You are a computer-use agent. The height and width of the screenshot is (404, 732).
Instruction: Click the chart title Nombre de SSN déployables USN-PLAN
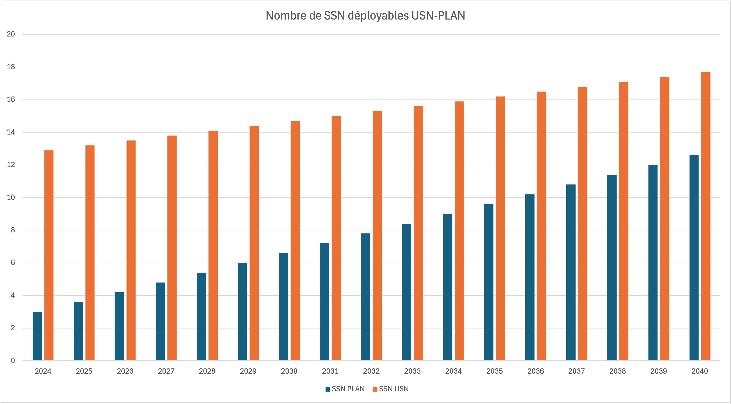(x=365, y=16)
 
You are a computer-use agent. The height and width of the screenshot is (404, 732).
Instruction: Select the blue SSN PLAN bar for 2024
(x=37, y=336)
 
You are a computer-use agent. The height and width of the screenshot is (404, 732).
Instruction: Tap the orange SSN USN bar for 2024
(x=49, y=255)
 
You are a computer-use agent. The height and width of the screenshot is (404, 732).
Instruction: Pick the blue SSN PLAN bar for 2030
(x=284, y=307)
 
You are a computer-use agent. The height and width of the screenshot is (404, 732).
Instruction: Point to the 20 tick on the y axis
(x=11, y=34)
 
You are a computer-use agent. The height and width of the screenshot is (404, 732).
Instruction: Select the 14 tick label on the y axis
(x=11, y=132)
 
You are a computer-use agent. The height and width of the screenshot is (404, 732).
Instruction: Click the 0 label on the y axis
(x=13, y=361)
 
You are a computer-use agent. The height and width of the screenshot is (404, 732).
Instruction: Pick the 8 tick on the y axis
(x=13, y=230)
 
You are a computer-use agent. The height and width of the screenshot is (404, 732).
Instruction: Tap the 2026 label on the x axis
(x=125, y=371)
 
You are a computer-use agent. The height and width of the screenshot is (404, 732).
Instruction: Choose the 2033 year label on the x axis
(x=412, y=371)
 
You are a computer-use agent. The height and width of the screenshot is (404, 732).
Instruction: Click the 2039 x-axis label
(x=658, y=371)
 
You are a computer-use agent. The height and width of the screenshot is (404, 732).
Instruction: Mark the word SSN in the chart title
(x=334, y=16)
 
